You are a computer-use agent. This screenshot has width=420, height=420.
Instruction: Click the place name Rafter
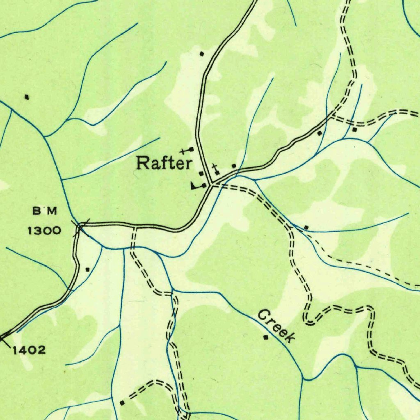point(164,163)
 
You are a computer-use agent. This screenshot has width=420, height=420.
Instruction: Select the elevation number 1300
point(44,230)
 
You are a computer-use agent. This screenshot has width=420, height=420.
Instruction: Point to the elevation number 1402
point(29,350)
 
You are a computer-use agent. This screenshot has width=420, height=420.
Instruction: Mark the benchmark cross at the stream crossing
point(80,226)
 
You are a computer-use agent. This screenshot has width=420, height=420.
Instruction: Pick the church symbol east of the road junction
point(215,170)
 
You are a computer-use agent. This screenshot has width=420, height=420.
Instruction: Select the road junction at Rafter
point(211,185)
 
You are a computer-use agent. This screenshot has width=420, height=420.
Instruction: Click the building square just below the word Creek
point(266,338)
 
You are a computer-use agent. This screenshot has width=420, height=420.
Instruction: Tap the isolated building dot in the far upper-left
point(27,97)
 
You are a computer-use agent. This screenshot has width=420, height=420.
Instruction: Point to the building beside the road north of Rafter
point(201,54)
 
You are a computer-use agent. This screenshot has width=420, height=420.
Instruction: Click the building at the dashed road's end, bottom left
point(122,403)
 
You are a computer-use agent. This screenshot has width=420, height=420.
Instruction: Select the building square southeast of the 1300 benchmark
point(87,269)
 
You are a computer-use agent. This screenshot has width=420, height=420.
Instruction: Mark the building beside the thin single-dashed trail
point(306,227)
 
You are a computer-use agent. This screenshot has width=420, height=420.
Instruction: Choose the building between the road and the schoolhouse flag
point(201,173)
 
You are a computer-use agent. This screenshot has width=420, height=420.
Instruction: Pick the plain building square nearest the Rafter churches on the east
point(234,166)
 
